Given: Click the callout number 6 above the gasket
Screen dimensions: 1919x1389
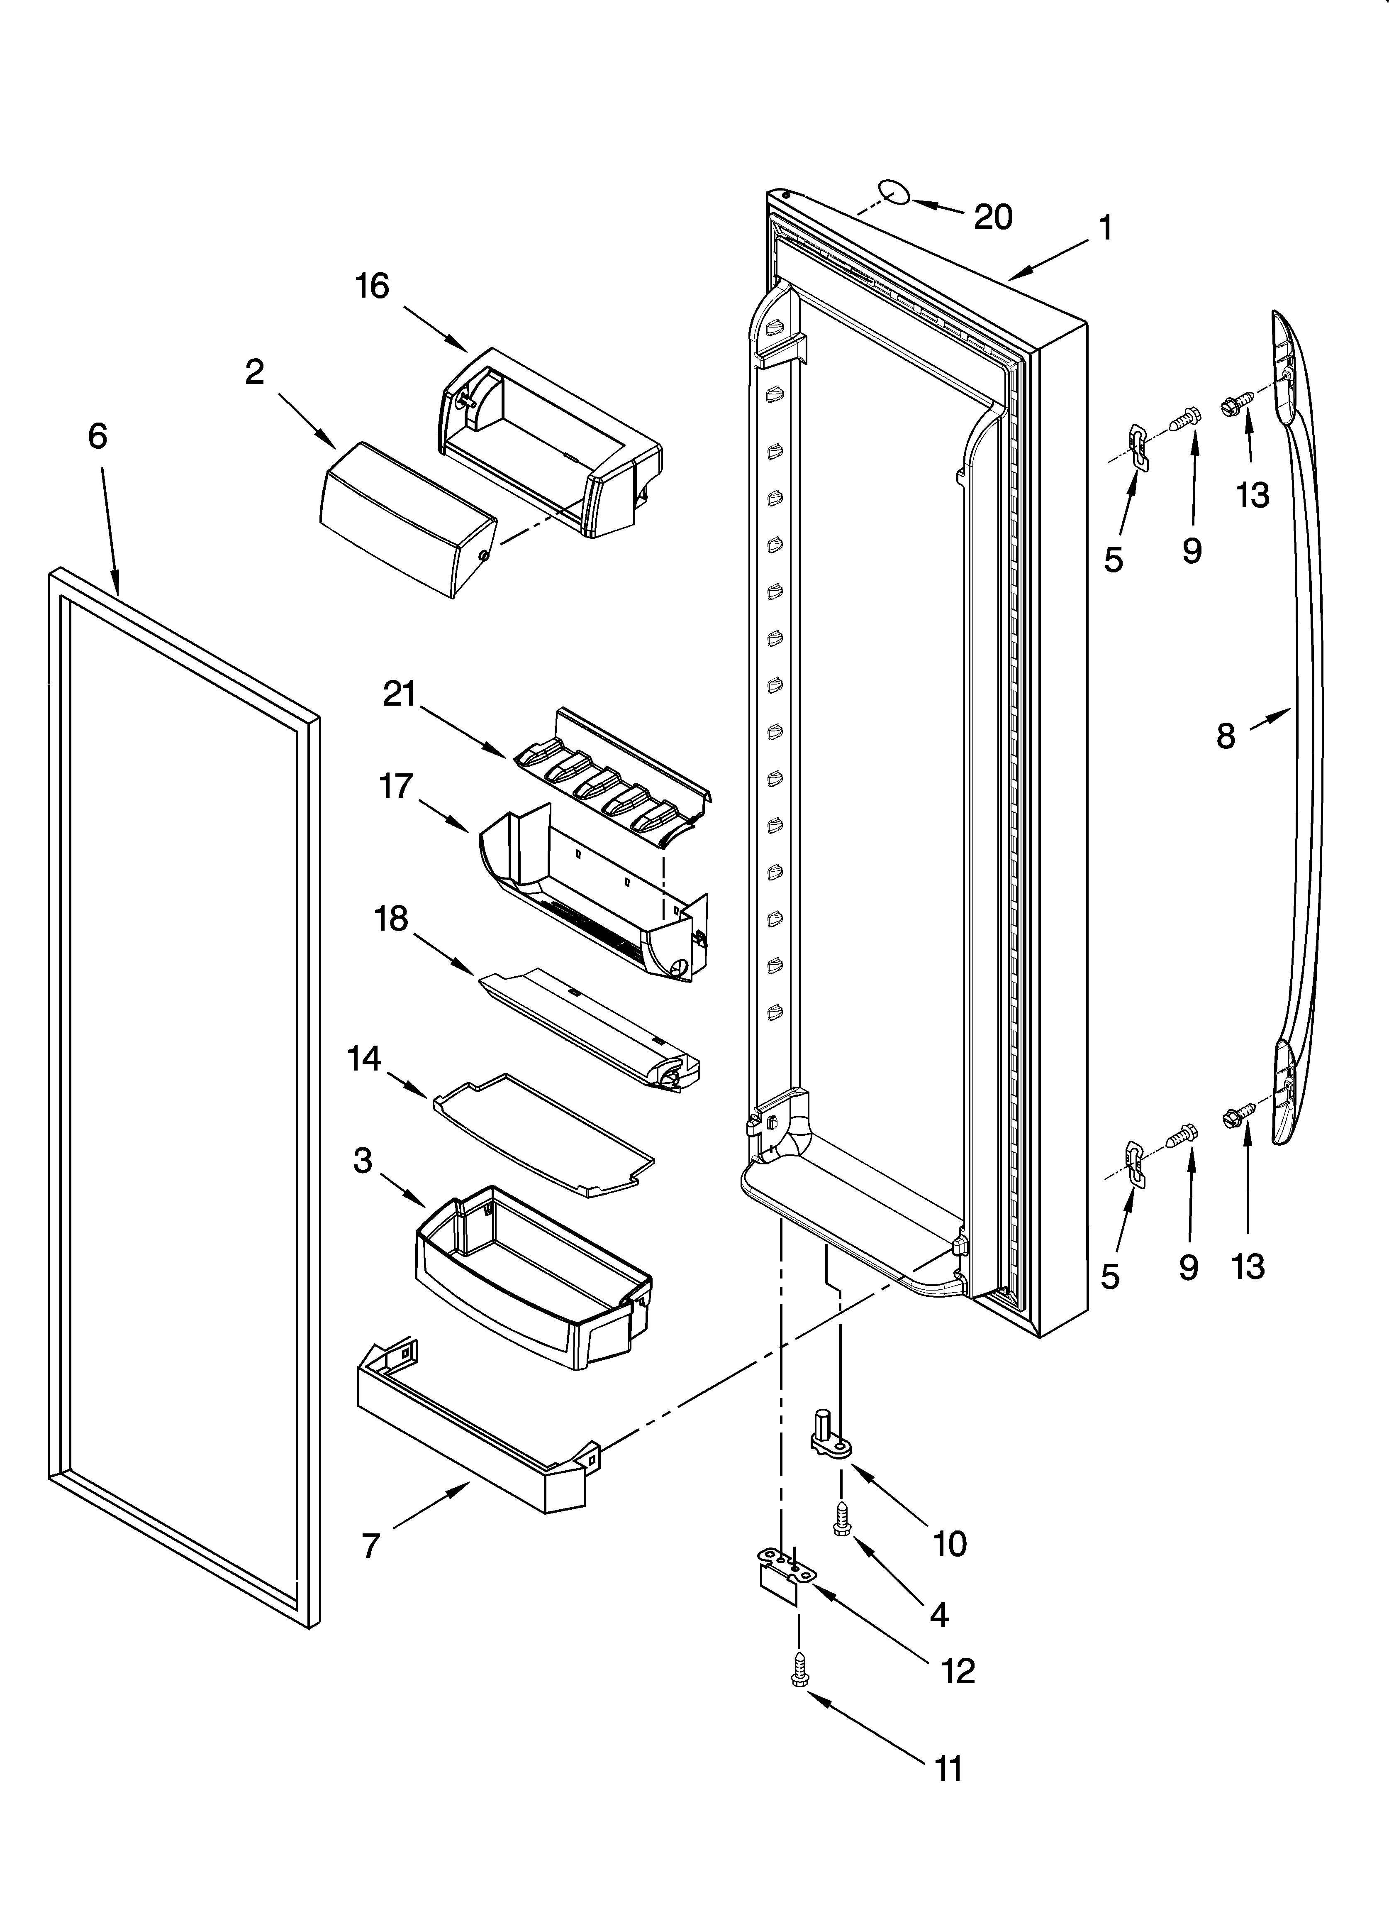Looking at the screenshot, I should tap(98, 437).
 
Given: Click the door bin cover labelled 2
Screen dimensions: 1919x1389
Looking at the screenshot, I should tap(406, 519).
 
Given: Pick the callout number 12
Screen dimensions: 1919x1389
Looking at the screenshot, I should tap(958, 1671).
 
